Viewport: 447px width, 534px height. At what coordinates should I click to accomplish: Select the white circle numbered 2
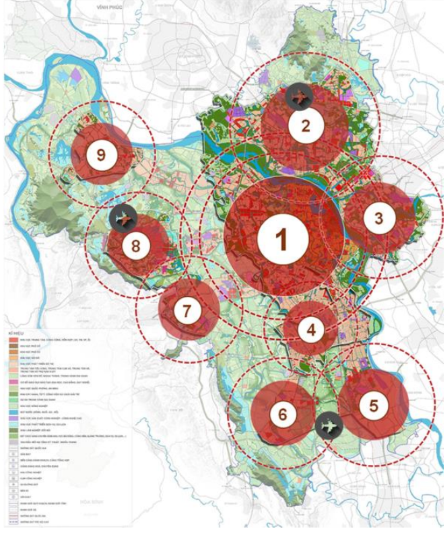(x=305, y=126)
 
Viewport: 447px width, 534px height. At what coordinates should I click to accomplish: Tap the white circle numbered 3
(x=379, y=218)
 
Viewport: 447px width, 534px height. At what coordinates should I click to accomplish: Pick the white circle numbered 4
(x=311, y=330)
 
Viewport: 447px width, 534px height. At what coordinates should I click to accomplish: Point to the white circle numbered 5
(x=374, y=405)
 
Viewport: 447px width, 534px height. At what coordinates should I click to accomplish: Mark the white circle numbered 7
(x=187, y=311)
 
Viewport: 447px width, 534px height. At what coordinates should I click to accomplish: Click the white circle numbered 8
(x=136, y=246)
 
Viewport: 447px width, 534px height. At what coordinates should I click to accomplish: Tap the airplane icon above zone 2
(x=299, y=97)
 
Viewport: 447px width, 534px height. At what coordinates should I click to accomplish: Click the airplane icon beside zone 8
(x=123, y=219)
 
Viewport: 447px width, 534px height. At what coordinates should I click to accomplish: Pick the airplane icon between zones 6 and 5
(x=329, y=426)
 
